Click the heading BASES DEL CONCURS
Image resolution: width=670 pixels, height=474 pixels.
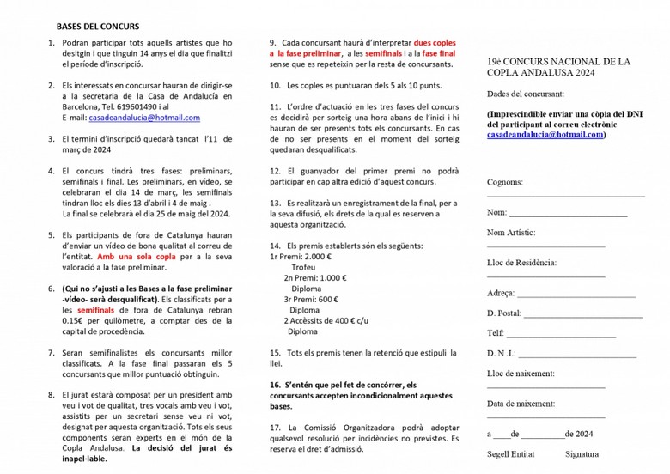click(97, 27)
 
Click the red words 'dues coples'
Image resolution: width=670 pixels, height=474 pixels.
click(435, 42)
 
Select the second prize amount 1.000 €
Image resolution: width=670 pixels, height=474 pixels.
click(327, 277)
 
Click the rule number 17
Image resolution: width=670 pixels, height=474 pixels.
click(275, 427)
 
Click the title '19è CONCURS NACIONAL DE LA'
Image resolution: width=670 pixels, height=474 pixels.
click(558, 62)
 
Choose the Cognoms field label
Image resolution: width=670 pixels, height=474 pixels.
click(504, 182)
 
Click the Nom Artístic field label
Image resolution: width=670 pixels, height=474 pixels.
click(511, 233)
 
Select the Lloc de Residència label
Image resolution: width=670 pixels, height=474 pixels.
click(521, 263)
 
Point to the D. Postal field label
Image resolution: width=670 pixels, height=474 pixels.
click(504, 313)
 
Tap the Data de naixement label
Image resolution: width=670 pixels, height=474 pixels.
click(521, 404)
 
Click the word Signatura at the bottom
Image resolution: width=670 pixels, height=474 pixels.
click(582, 454)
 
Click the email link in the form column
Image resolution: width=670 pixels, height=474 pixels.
click(545, 135)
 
